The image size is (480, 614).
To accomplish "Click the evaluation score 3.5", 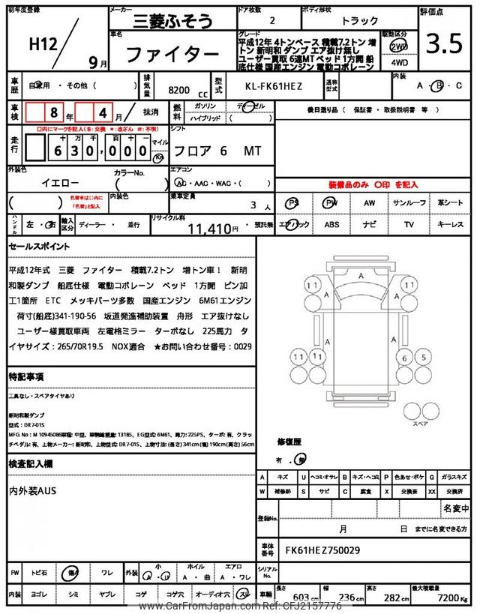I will pos(444,45).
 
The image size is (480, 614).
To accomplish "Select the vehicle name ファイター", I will pos(171,54).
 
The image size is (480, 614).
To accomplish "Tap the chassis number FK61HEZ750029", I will pos(322,549).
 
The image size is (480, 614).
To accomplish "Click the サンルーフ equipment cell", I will pos(409,203).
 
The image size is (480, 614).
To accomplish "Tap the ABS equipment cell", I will pos(331,223).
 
